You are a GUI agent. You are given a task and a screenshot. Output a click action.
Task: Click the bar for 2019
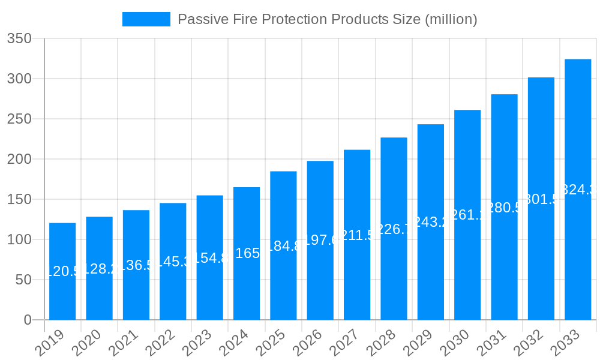point(62,271)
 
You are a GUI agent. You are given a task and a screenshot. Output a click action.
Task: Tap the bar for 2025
point(283,245)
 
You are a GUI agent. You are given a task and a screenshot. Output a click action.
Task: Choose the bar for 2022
point(173,262)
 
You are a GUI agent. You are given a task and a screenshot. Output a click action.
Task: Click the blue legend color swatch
point(146,19)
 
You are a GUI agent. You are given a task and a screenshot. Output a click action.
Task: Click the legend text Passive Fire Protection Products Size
point(328,19)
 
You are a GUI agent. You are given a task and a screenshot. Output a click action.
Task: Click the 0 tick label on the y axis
point(28,320)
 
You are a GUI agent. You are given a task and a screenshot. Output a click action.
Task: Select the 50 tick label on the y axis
point(23,280)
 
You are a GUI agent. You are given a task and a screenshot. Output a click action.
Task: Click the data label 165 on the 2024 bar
point(247,254)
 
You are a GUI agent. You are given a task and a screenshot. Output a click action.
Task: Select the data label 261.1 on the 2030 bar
point(467,215)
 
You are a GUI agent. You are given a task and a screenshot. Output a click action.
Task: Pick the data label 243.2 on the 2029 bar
point(431,223)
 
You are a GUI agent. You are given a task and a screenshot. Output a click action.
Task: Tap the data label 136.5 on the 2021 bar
point(136,265)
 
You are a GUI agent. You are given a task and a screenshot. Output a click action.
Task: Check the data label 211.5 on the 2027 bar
point(357,235)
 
